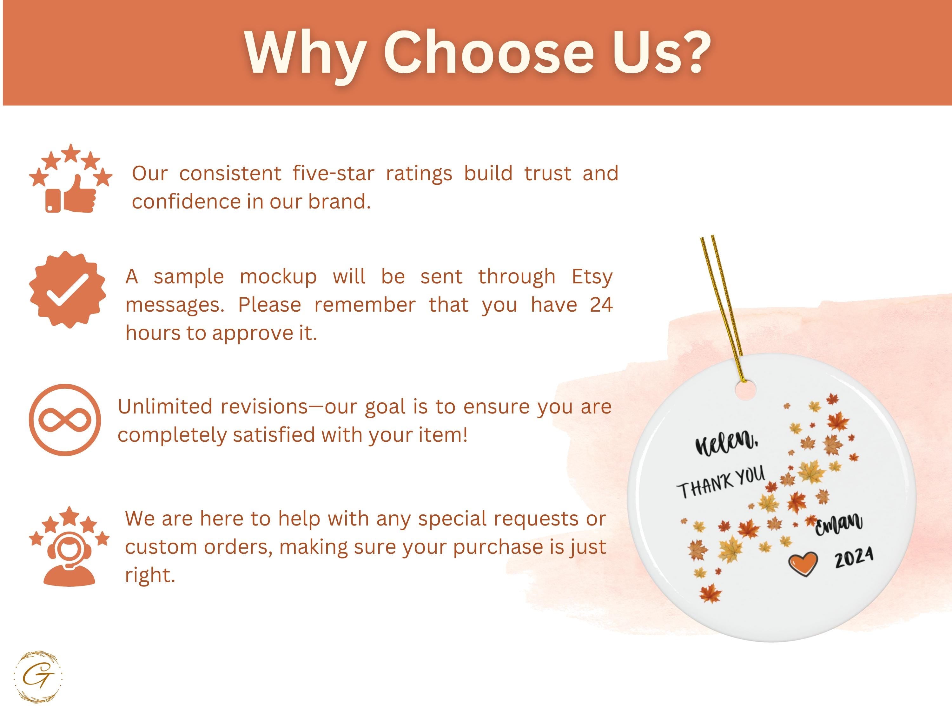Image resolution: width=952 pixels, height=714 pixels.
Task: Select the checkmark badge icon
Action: (68, 290)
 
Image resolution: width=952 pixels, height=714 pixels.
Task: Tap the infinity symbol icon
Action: (65, 420)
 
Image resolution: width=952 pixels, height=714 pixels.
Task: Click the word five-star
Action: (334, 174)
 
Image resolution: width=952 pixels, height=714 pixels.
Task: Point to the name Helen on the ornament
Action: (726, 442)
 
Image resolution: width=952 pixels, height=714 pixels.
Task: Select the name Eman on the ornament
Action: (838, 524)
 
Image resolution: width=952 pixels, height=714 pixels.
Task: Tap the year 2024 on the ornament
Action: (854, 558)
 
